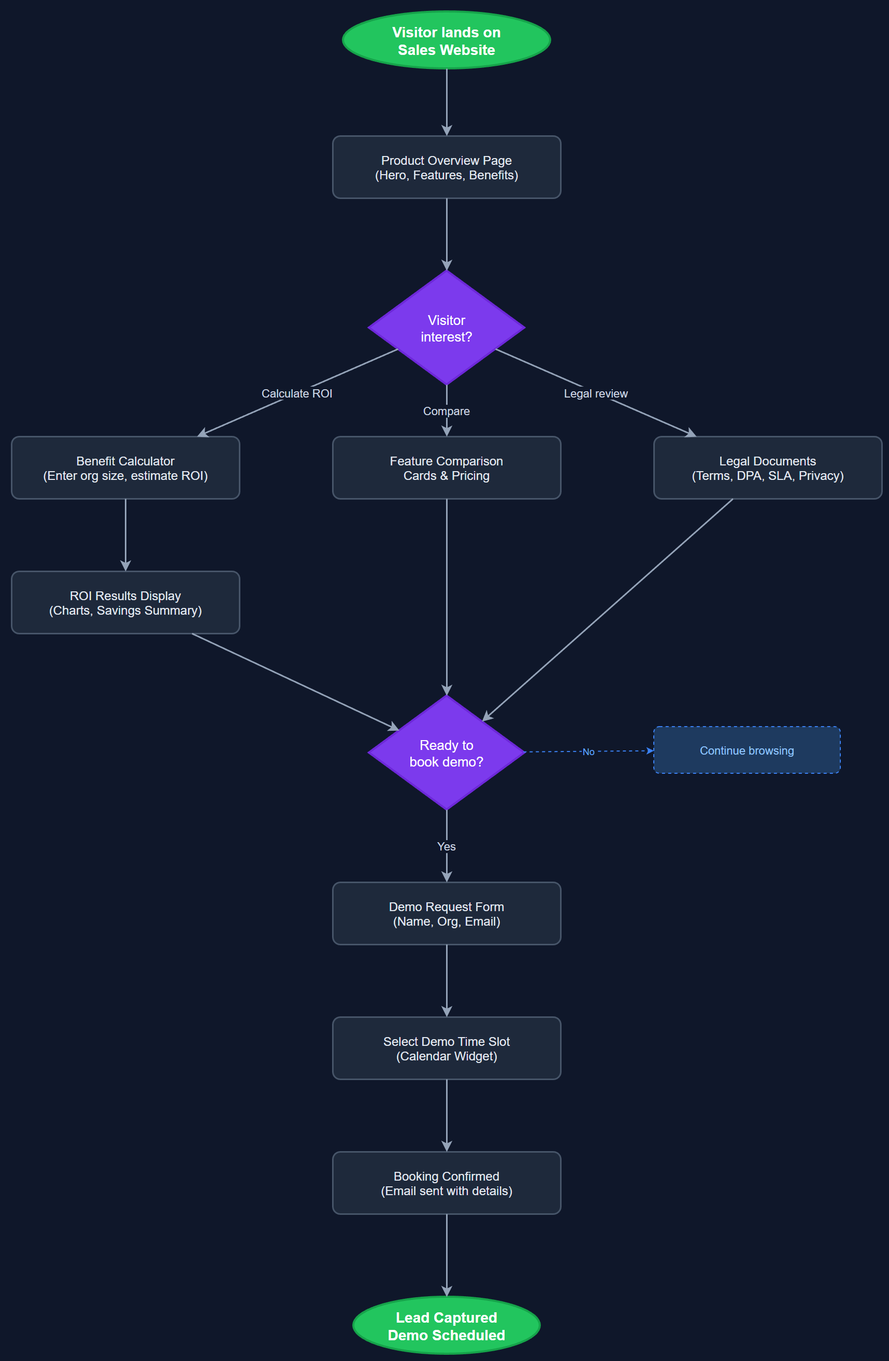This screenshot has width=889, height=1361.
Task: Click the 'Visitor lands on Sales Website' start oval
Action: click(446, 40)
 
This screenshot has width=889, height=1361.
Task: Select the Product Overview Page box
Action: click(446, 167)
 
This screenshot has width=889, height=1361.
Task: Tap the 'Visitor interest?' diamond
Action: click(446, 328)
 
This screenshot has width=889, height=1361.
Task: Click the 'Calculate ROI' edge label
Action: click(297, 393)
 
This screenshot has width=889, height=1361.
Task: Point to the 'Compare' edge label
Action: click(446, 411)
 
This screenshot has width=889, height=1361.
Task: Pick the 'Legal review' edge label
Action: click(595, 393)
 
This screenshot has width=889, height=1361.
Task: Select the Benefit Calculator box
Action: click(125, 468)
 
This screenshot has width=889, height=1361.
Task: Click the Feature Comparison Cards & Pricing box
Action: click(446, 468)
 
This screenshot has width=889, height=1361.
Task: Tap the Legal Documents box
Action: click(767, 468)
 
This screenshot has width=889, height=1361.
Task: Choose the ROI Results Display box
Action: click(125, 603)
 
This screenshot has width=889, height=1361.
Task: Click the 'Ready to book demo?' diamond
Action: click(446, 753)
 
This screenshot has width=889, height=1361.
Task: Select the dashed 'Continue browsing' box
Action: click(747, 750)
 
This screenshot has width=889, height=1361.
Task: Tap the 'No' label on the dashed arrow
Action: click(589, 752)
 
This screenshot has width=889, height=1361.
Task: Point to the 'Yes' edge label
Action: click(446, 846)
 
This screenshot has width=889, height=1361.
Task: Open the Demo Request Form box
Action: click(446, 913)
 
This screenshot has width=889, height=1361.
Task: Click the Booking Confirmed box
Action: click(446, 1183)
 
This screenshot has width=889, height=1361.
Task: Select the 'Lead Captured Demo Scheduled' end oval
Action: click(446, 1326)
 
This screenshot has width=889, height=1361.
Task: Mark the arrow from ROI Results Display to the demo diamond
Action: click(294, 682)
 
